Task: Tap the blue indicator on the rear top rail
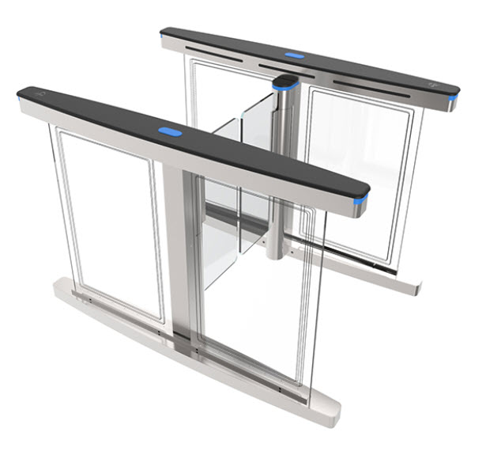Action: click(x=294, y=56)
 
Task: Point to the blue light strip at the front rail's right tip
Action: click(x=363, y=206)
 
